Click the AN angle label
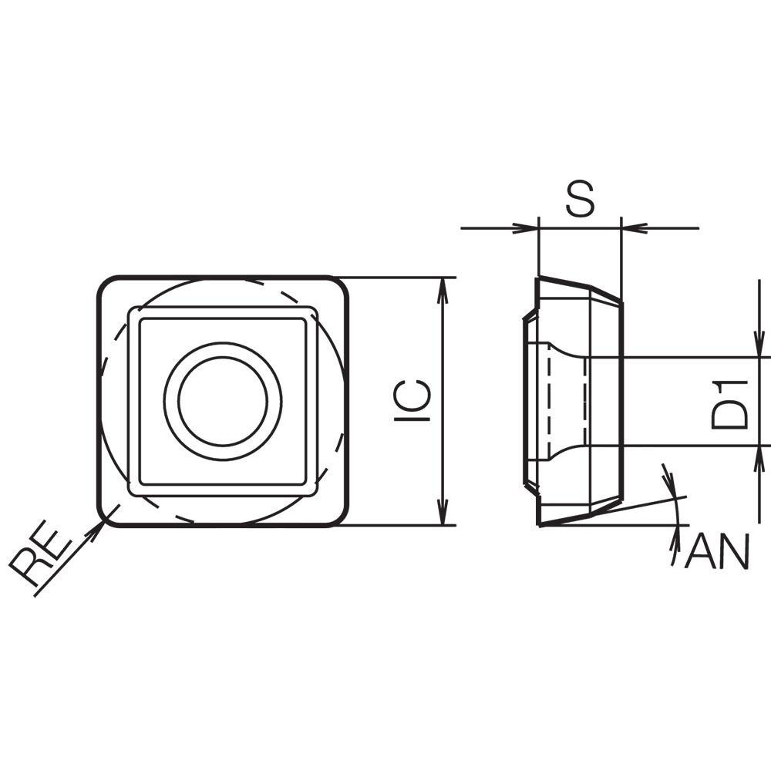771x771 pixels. pos(717,552)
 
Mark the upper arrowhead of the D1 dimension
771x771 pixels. pos(759,346)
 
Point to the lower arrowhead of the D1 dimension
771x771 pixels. pos(759,457)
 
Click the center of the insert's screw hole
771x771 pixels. pos(223,401)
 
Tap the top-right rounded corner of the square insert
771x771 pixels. pos(340,285)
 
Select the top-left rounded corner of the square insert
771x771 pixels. pos(106,285)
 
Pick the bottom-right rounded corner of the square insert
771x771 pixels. pos(340,517)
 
